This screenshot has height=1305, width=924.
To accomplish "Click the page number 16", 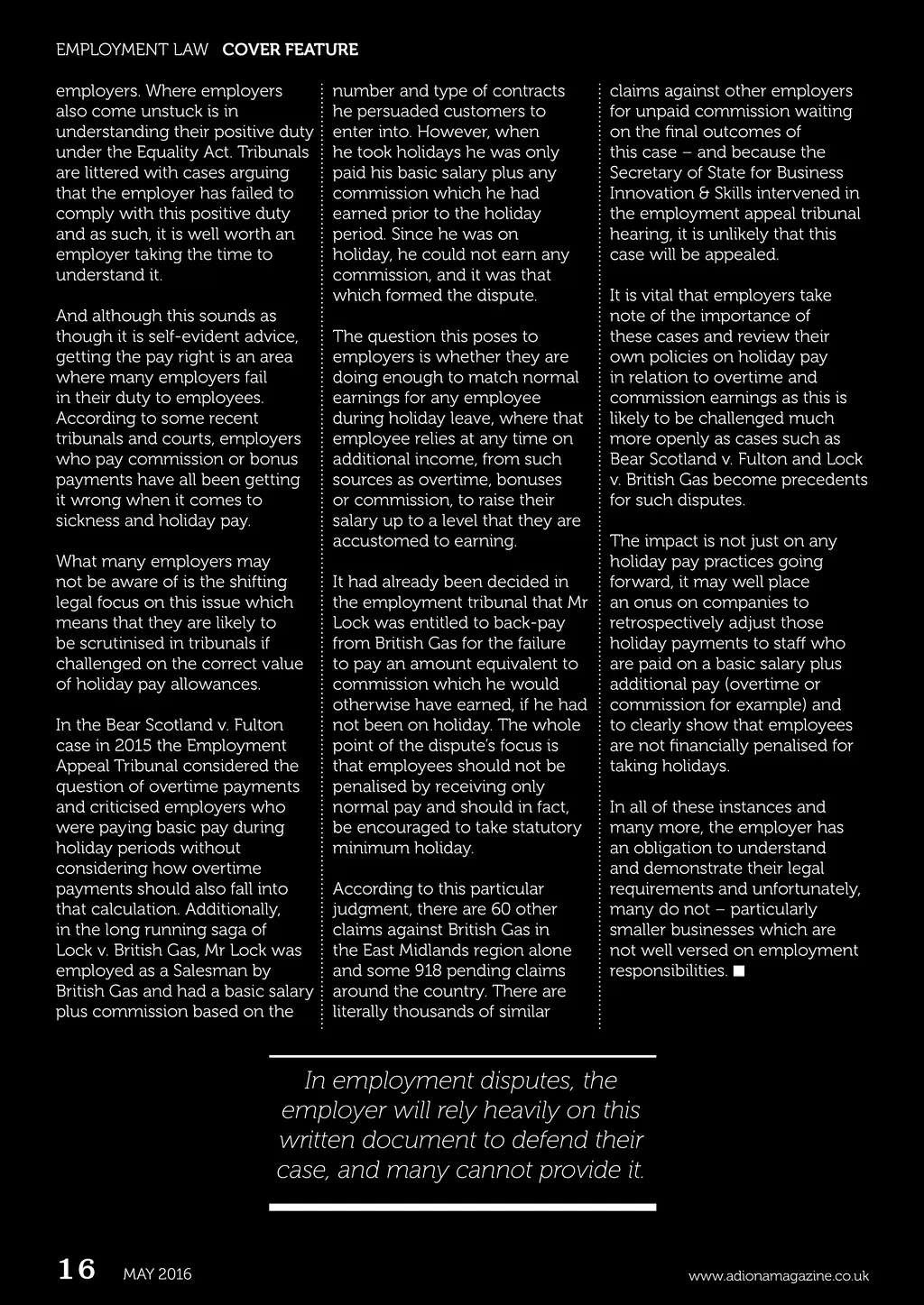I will click(x=77, y=1270).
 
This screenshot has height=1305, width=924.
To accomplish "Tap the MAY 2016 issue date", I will click(x=157, y=1274).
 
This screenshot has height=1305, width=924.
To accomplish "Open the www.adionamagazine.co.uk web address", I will click(x=778, y=1275).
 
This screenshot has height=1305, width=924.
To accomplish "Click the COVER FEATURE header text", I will click(x=290, y=50).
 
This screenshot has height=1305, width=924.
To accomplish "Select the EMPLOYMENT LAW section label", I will click(x=132, y=50).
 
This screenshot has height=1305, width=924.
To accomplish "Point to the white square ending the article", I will click(x=739, y=970).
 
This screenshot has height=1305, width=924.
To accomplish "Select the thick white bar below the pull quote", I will click(x=462, y=1207).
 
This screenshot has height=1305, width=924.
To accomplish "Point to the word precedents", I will click(x=823, y=479).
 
